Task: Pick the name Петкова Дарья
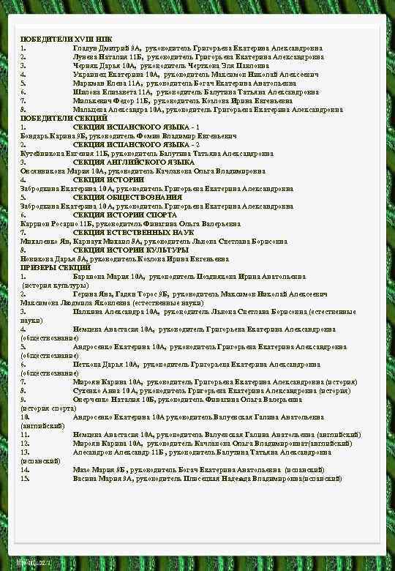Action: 96,364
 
